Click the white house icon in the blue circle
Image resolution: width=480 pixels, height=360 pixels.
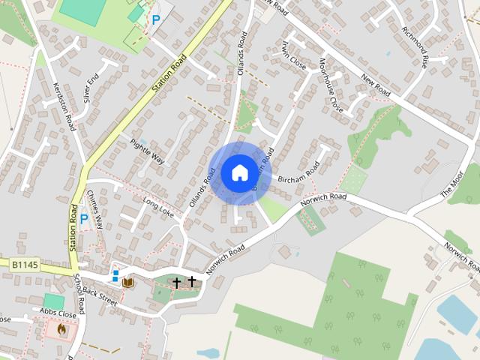[x=238, y=172]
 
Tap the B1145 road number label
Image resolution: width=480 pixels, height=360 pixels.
[x=24, y=265]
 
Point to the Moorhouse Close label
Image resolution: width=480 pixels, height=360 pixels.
[x=331, y=85]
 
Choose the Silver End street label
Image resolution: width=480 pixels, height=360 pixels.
[x=91, y=85]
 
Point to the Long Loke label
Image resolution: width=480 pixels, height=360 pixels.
[x=157, y=208]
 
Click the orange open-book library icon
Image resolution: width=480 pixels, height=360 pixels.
[x=128, y=282]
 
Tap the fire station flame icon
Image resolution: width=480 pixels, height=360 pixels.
[x=61, y=328]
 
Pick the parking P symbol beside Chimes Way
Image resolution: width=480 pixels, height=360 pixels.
[x=84, y=220]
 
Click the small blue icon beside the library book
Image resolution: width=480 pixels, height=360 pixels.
[x=115, y=275]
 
